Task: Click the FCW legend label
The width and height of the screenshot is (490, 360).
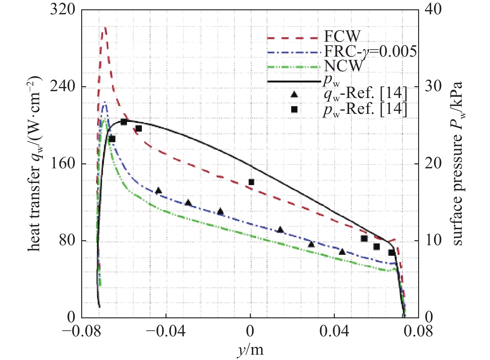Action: click(342, 36)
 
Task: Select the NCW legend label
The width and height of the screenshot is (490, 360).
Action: click(343, 66)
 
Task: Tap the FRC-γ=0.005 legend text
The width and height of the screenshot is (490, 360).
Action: click(370, 51)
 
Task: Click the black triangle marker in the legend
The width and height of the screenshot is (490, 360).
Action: click(294, 94)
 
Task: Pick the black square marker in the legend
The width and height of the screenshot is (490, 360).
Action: click(294, 109)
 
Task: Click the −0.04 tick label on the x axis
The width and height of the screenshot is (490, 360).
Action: click(166, 332)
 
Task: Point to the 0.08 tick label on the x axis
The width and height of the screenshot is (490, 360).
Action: click(418, 332)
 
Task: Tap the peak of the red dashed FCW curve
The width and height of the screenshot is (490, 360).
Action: click(105, 28)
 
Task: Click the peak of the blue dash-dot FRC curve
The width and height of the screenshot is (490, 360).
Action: click(105, 102)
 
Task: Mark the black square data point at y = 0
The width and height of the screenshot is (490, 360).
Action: click(251, 182)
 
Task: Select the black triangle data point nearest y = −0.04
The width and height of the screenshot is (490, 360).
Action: click(158, 190)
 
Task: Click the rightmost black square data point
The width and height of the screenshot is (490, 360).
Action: click(391, 252)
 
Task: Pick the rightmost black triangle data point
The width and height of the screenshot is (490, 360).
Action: click(342, 252)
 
